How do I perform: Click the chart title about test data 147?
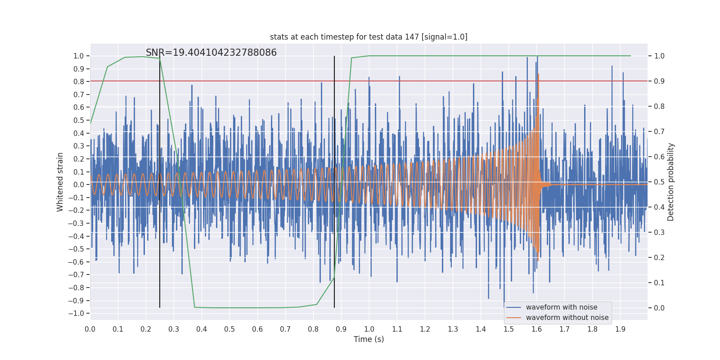[369, 37]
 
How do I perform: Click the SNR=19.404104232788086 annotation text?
[211, 53]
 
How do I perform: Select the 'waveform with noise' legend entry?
[562, 307]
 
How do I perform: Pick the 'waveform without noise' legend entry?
[567, 318]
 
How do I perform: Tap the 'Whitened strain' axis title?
[60, 182]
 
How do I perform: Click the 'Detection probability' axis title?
[671, 182]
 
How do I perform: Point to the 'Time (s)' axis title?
[369, 339]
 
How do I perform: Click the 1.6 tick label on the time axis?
[536, 329]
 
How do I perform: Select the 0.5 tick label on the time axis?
[229, 329]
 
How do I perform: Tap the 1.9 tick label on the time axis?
[620, 329]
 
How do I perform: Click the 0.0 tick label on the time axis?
[90, 329]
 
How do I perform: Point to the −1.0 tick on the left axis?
[78, 313]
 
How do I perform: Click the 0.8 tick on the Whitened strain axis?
[79, 81]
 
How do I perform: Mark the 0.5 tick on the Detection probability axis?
[659, 182]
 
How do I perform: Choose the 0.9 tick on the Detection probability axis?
[659, 81]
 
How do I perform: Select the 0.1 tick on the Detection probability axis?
[659, 283]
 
